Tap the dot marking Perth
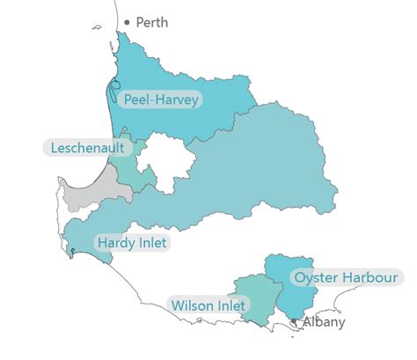(x=128, y=22)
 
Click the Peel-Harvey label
(x=161, y=99)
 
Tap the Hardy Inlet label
(x=132, y=242)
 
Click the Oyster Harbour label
(x=346, y=277)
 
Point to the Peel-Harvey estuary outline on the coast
(x=112, y=87)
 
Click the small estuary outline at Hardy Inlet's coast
(x=73, y=253)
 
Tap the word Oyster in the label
(x=316, y=277)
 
